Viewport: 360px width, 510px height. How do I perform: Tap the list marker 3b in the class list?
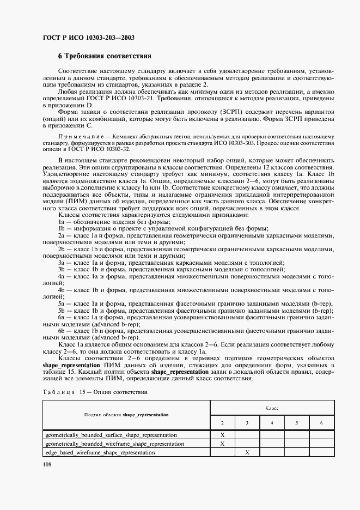[x=62, y=269]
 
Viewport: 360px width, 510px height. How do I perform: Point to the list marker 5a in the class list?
[x=62, y=303]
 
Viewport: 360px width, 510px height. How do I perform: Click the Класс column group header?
[x=272, y=407]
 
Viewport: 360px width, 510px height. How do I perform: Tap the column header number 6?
[x=321, y=423]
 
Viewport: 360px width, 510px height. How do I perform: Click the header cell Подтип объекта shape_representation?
[x=126, y=415]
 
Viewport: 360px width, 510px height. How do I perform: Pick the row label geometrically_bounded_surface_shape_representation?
[x=111, y=435]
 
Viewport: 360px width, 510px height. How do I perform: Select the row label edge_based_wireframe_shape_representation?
[x=100, y=452]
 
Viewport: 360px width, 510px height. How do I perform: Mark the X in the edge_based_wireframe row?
[x=247, y=452]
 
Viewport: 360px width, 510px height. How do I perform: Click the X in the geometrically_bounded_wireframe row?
[x=222, y=444]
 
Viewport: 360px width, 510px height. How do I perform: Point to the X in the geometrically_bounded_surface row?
[x=222, y=435]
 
